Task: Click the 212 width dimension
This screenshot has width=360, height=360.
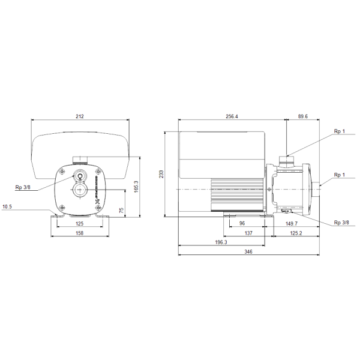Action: [x=80, y=116]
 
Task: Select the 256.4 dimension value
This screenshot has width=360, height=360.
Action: [x=232, y=116]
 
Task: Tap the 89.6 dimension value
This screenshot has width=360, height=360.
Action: [x=303, y=116]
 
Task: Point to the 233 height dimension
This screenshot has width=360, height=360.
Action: [x=161, y=174]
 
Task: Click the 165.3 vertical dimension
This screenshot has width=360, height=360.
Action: [x=136, y=187]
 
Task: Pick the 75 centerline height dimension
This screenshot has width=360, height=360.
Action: [x=121, y=210]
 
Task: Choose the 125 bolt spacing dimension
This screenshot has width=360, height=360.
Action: [x=79, y=224]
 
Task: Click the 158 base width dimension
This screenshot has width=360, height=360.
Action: [x=79, y=233]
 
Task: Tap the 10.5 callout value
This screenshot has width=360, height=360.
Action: [x=7, y=207]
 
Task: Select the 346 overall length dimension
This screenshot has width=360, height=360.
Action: [x=248, y=252]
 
